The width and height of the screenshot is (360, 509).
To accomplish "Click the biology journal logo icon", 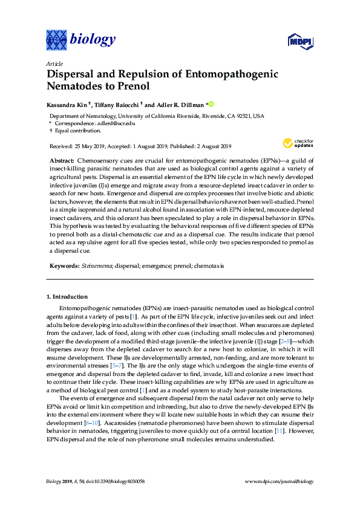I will click(x=57, y=40).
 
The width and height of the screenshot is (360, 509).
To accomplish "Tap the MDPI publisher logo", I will click(x=298, y=41).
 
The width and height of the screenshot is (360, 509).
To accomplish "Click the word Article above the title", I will click(x=54, y=63).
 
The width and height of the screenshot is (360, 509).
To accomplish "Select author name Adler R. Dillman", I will click(x=181, y=103).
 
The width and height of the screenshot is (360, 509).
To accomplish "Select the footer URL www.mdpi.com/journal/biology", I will click(x=280, y=481).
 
